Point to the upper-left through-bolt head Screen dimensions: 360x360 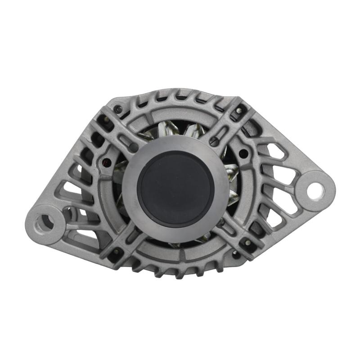[x=118, y=109]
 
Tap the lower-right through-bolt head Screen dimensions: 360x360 [x=247, y=243]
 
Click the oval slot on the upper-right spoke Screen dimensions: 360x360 [x=214, y=141]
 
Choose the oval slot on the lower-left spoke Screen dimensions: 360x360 [x=134, y=234]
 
